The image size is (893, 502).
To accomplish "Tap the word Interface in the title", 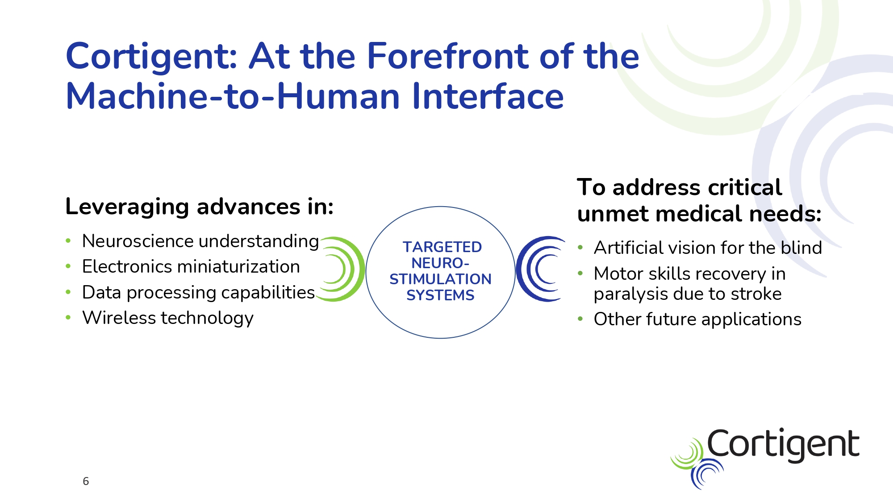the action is [488, 96].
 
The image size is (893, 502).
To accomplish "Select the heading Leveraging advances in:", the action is [200, 207].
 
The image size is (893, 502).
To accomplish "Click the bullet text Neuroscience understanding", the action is [200, 241].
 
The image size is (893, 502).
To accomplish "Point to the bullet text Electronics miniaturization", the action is [191, 266].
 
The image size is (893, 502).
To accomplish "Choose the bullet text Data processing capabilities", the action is [199, 293].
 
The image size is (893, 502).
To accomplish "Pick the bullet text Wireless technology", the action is [168, 318].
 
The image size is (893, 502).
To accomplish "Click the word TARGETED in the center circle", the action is [442, 247].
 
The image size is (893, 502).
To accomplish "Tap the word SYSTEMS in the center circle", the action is [440, 295].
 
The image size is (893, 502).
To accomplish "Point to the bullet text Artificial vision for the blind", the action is [708, 248].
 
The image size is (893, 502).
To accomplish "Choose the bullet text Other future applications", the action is [697, 319].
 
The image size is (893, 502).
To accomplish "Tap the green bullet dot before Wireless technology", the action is [68, 318].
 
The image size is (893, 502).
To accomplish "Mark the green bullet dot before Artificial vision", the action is [580, 248].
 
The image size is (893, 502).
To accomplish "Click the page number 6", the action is [86, 481].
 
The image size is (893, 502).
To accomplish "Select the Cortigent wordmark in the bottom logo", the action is [783, 445].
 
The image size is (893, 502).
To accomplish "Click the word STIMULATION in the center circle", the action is [440, 279].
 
